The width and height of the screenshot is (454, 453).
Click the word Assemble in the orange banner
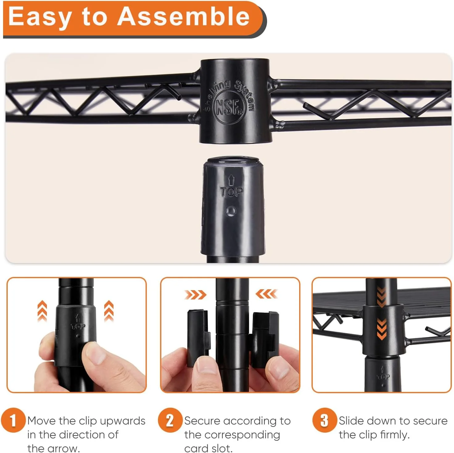pyautogui.click(x=183, y=16)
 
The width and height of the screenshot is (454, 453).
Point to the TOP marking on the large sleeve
pyautogui.click(x=231, y=192)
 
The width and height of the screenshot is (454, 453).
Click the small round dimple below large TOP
pyautogui.click(x=231, y=211)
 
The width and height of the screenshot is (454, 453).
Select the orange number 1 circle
pyautogui.click(x=13, y=420)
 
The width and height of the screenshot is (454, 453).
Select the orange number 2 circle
pyautogui.click(x=170, y=420)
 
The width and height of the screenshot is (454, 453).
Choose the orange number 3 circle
pyautogui.click(x=325, y=420)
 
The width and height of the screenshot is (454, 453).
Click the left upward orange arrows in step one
pyautogui.click(x=42, y=311)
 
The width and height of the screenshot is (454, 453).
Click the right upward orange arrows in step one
pyautogui.click(x=109, y=311)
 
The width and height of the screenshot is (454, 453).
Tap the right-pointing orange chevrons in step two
pyautogui.click(x=195, y=294)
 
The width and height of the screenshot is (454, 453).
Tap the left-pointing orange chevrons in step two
pyautogui.click(x=266, y=294)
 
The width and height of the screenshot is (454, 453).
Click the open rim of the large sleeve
pyautogui.click(x=233, y=161)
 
